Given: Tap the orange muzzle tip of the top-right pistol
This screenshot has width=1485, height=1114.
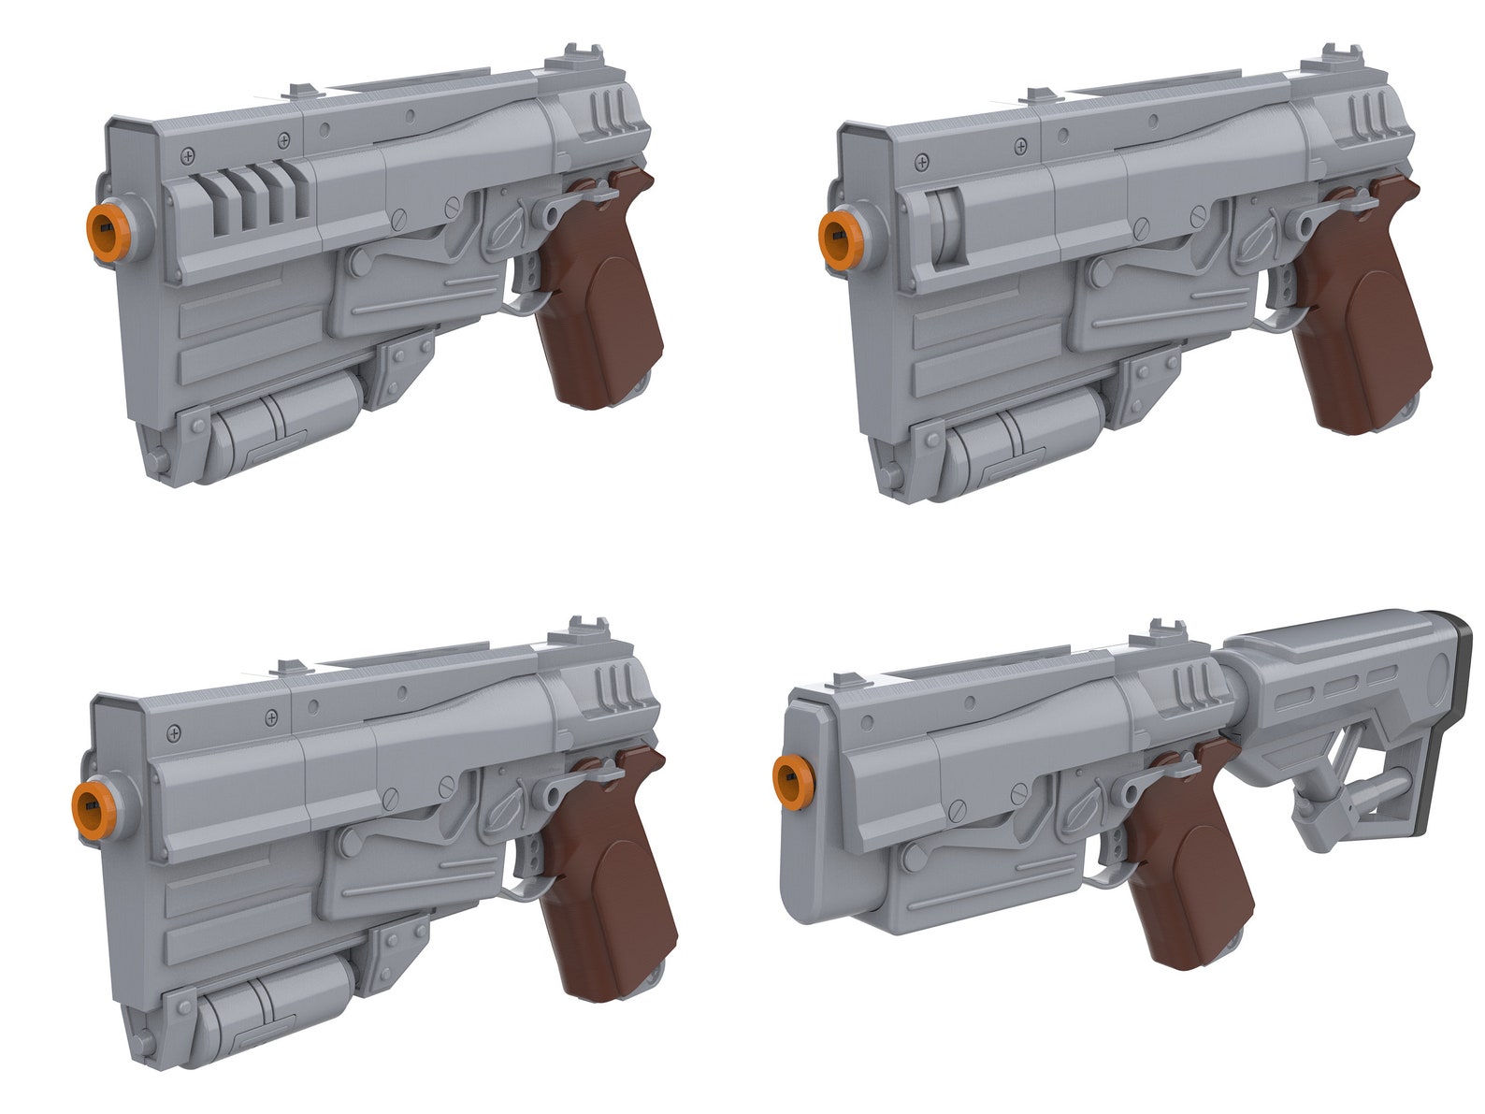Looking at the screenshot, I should pyautogui.click(x=837, y=228).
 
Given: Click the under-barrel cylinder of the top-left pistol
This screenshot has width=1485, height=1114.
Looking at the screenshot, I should pyautogui.click(x=281, y=417).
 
